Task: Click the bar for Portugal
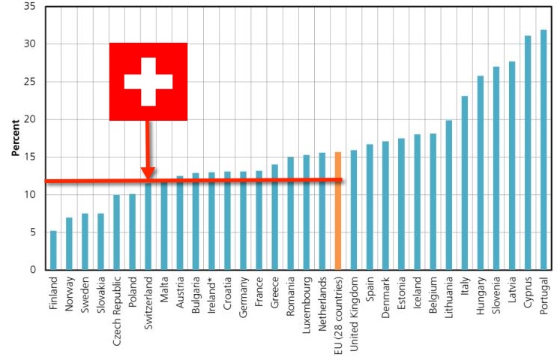click(x=544, y=150)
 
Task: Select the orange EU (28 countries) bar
click(x=338, y=211)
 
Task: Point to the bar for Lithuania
click(x=449, y=195)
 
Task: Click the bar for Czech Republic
click(x=116, y=232)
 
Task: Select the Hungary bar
click(x=481, y=172)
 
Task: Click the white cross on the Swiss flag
click(x=148, y=81)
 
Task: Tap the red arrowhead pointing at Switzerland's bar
click(x=148, y=173)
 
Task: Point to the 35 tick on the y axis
click(x=32, y=7)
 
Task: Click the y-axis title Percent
click(x=15, y=138)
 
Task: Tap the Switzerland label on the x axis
click(x=148, y=304)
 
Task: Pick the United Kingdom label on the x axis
click(x=354, y=311)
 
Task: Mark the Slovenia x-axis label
click(x=496, y=299)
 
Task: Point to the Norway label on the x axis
click(x=69, y=297)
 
